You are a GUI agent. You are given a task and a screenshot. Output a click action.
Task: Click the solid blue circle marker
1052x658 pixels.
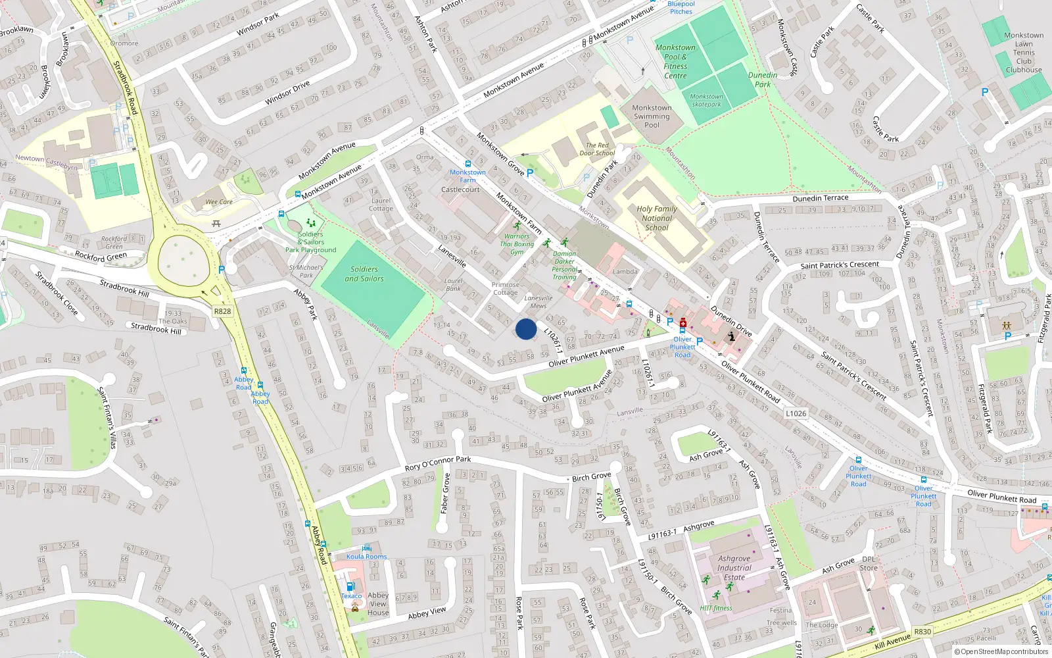[x=526, y=329]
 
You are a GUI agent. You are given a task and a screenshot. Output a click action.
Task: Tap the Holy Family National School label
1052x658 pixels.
[x=656, y=218]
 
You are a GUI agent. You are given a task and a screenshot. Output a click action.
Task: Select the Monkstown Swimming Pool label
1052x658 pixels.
[x=652, y=116]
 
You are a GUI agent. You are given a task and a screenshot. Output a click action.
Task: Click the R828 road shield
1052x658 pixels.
[x=222, y=311]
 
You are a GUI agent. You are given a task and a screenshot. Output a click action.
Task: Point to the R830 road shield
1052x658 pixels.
[x=922, y=631]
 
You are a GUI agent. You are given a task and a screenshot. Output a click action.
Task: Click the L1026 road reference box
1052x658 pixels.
[x=796, y=413]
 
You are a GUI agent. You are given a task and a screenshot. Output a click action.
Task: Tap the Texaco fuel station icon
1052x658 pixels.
[x=350, y=586]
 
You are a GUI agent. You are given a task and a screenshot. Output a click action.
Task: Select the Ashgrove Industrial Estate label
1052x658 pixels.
[x=734, y=568]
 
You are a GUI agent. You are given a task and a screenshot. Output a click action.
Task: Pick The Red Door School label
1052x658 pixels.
[x=597, y=149]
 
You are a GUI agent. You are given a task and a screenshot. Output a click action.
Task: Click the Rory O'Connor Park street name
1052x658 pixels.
[x=438, y=463]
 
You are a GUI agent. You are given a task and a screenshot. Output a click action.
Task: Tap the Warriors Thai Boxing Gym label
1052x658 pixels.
[x=517, y=244]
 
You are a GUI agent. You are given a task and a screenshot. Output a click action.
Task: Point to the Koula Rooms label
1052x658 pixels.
[x=367, y=557]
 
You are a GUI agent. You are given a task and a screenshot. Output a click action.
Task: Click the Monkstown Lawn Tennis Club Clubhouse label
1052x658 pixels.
[x=1024, y=53]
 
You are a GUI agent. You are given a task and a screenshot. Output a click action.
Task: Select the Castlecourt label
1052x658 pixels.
[x=460, y=190]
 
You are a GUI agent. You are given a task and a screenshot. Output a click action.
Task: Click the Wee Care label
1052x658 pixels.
[x=219, y=202]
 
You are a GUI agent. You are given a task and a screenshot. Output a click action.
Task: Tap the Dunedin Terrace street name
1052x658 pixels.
[x=821, y=198]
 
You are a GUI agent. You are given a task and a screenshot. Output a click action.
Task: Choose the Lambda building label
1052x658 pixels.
[x=625, y=271]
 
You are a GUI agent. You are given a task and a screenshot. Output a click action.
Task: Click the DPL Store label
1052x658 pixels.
[x=869, y=564]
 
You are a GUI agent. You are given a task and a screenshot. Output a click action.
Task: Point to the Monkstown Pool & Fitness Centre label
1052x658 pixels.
[x=675, y=61]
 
